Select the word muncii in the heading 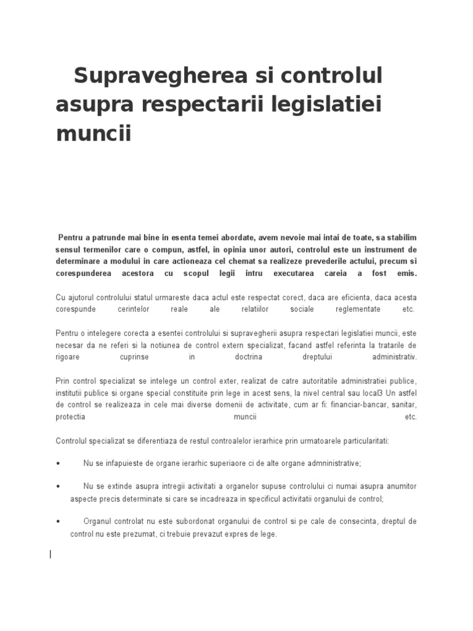coord(94,133)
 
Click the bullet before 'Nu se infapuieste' coord(58,463)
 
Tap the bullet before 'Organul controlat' coord(58,522)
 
